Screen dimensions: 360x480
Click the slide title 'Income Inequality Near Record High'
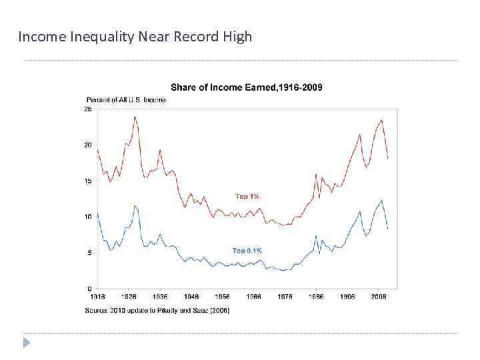135,37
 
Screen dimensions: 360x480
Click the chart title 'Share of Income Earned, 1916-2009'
247,87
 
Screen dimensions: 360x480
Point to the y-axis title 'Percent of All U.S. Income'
126,100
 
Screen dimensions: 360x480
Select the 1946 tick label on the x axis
191,296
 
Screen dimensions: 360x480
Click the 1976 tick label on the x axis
285,296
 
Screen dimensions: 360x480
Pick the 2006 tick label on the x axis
379,296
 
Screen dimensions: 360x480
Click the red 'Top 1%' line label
247,197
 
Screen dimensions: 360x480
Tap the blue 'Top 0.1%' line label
247,251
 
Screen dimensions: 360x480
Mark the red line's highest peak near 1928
135,117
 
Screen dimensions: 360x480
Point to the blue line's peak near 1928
135,205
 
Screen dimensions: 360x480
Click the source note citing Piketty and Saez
157,311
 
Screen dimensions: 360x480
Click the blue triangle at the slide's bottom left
27,343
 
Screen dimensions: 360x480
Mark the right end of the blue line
388,229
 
